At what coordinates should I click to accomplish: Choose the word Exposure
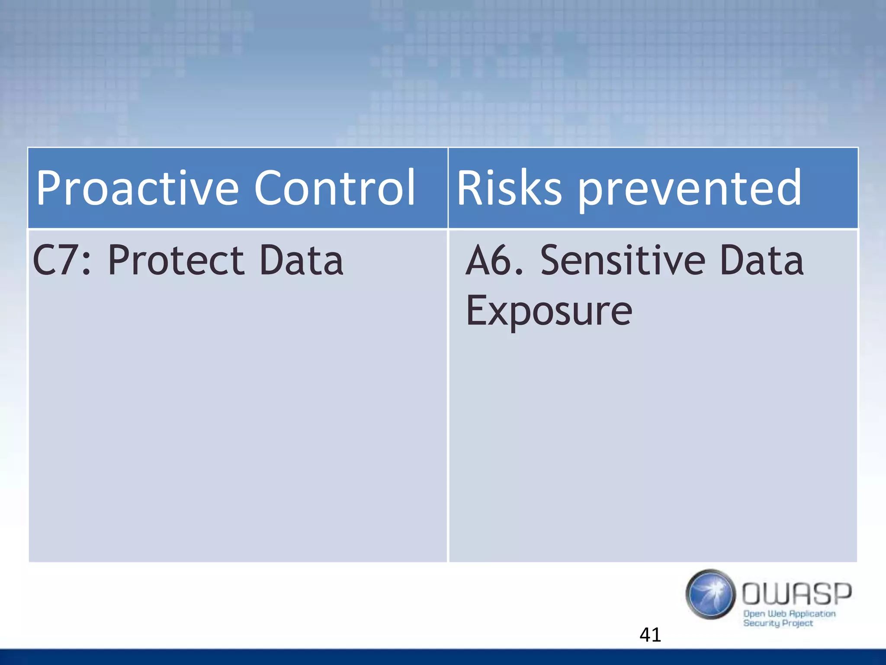click(x=549, y=311)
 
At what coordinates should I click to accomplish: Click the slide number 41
click(x=650, y=635)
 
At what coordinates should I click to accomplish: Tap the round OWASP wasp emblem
click(x=710, y=594)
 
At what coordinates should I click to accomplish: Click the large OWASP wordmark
click(x=796, y=594)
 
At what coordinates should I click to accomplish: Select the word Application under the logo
click(x=812, y=614)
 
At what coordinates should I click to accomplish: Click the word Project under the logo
click(x=797, y=623)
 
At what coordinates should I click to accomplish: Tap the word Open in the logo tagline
click(x=754, y=614)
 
